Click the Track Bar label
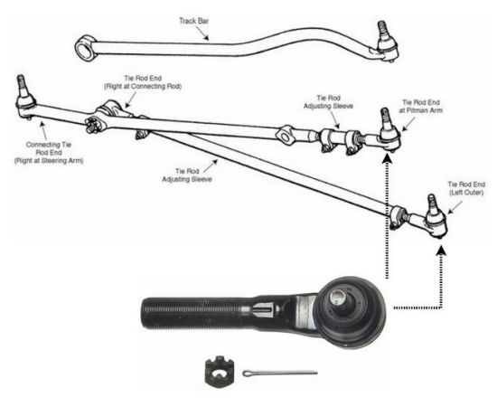click(x=194, y=21)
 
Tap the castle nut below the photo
click(x=220, y=370)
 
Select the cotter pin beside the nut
click(x=280, y=373)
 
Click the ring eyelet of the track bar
click(x=85, y=48)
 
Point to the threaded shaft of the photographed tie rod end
click(x=193, y=312)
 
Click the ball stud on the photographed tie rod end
click(x=338, y=298)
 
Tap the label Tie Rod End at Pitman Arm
click(x=421, y=106)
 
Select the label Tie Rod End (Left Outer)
click(x=466, y=188)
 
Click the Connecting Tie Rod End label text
click(x=49, y=153)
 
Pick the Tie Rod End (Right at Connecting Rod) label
click(x=143, y=82)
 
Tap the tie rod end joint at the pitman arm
click(x=389, y=131)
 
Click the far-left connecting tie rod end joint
click(x=25, y=98)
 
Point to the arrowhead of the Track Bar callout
click(x=206, y=38)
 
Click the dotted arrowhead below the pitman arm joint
click(x=387, y=158)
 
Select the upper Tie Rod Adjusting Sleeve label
click(x=328, y=102)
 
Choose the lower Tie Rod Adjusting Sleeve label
click(x=187, y=175)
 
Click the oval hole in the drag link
click(x=286, y=137)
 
